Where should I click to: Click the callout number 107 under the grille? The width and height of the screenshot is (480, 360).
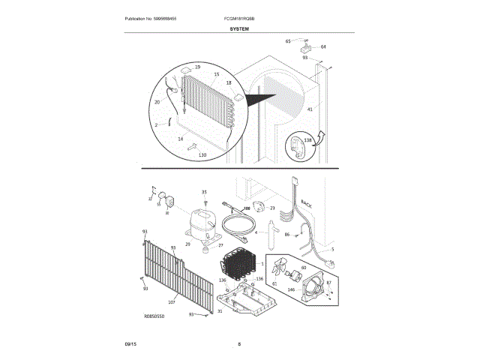pyautogui.click(x=172, y=302)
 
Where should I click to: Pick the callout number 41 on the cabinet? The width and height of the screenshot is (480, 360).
pyautogui.click(x=310, y=109)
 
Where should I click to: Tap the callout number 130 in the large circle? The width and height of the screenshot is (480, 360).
pyautogui.click(x=202, y=154)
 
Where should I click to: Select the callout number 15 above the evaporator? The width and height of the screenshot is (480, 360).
pyautogui.click(x=217, y=74)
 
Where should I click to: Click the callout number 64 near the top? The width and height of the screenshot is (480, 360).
pyautogui.click(x=323, y=46)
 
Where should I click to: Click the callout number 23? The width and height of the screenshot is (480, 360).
pyautogui.click(x=272, y=208)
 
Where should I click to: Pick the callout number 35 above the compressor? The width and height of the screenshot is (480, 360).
pyautogui.click(x=203, y=193)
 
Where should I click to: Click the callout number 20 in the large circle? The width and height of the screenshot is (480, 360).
pyautogui.click(x=157, y=102)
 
